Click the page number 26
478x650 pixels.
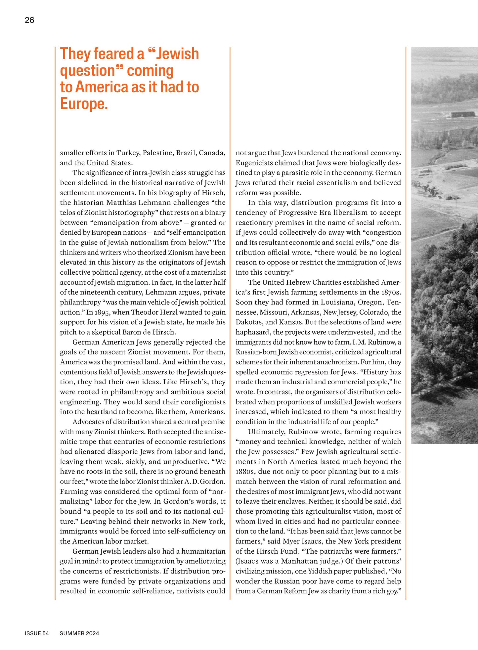point(29,20)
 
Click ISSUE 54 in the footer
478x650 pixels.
point(37,633)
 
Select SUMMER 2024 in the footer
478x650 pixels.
point(79,633)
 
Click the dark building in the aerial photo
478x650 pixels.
point(463,115)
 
